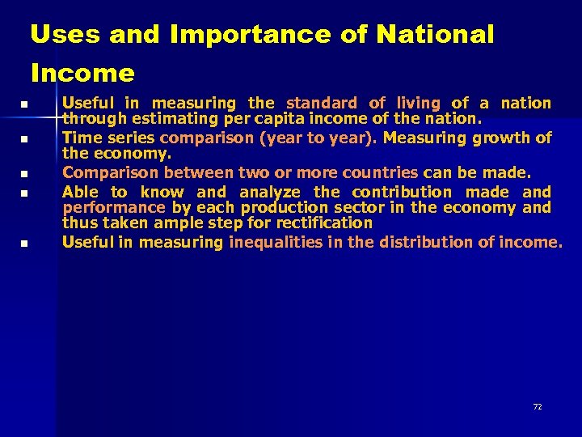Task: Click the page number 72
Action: pos(538,406)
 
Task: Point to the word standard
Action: pos(321,103)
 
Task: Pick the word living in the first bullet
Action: pos(417,103)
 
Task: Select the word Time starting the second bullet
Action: pos(81,138)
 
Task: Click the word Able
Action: pos(80,192)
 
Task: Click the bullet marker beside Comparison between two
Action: pos(25,174)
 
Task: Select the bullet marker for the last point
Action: pos(25,244)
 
